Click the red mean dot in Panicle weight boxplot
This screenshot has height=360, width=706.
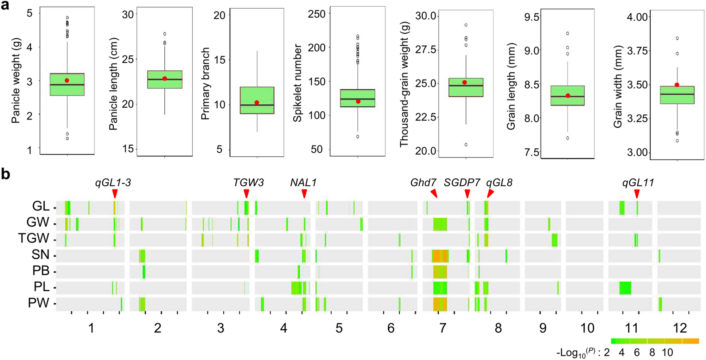point(67,81)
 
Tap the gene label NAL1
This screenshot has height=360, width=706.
point(303,182)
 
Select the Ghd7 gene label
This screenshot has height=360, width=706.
point(423,182)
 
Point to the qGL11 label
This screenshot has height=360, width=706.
point(638,182)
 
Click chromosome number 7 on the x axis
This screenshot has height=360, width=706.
point(443,328)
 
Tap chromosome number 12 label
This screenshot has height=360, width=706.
point(680,328)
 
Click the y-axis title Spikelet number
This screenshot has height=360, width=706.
point(298,83)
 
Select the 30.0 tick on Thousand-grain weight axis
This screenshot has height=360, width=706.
point(426,16)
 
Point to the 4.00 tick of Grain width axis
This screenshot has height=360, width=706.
point(637,17)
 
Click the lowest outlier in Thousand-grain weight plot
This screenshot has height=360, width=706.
point(466,144)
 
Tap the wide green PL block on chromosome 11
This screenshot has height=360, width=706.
point(625,288)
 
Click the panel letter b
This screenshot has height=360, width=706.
point(6,174)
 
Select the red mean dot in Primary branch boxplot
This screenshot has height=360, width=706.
point(257,103)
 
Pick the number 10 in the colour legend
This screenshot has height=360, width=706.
point(667,352)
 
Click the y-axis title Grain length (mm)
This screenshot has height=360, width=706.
point(511,86)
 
